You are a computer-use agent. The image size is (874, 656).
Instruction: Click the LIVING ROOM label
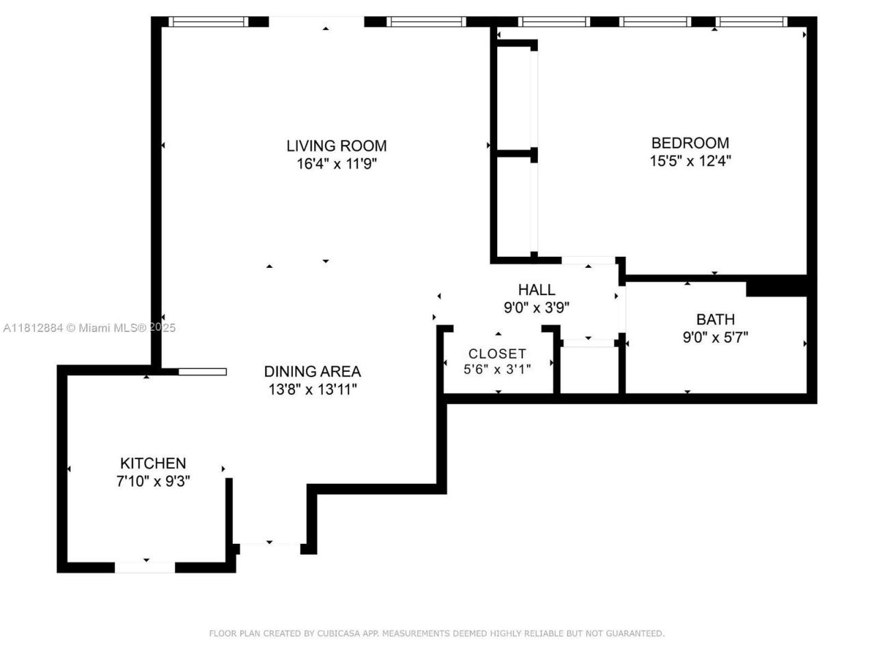click(x=336, y=146)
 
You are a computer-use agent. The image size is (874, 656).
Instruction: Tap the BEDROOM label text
click(x=690, y=143)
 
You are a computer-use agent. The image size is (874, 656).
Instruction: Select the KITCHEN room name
click(x=153, y=463)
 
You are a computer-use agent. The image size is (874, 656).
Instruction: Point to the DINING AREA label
click(x=312, y=372)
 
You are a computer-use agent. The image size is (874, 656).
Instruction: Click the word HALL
click(x=536, y=290)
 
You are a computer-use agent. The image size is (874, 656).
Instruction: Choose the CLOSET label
click(x=497, y=353)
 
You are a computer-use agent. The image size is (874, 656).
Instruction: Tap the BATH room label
click(x=715, y=319)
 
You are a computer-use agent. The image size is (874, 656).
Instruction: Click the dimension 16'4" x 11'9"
click(x=336, y=164)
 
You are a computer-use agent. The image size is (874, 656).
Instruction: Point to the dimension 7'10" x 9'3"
click(x=153, y=481)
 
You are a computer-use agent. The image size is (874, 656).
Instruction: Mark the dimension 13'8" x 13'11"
click(x=312, y=389)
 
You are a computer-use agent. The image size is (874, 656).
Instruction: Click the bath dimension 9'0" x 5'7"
click(x=715, y=337)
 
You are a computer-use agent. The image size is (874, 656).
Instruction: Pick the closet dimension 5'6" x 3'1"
click(x=497, y=369)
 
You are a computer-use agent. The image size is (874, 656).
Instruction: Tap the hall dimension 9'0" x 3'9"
click(x=536, y=307)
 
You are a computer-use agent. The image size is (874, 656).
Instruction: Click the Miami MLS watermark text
click(x=89, y=328)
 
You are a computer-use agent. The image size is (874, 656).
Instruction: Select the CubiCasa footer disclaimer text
click(x=436, y=633)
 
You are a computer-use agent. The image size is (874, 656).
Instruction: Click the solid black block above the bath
click(x=776, y=286)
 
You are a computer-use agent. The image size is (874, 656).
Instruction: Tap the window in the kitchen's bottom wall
click(x=145, y=567)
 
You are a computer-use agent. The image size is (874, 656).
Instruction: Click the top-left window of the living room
click(x=208, y=22)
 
